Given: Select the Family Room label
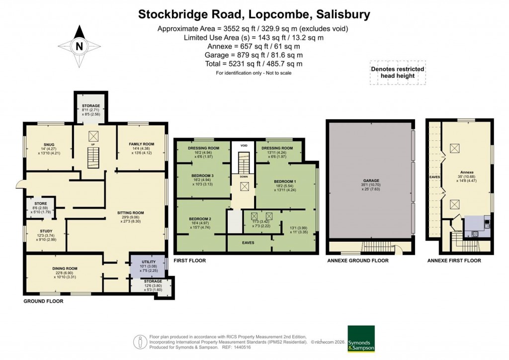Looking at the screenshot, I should (x=142, y=144).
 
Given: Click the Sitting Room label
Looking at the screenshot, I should (x=130, y=213).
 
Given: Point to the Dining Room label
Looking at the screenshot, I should (x=65, y=269).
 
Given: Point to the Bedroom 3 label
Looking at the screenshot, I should (x=203, y=176).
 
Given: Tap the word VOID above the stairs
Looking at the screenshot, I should (x=244, y=146).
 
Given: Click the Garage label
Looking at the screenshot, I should (x=371, y=180).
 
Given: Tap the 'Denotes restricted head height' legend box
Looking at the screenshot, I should (x=398, y=73).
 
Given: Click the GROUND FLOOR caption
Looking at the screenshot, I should (x=43, y=301).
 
